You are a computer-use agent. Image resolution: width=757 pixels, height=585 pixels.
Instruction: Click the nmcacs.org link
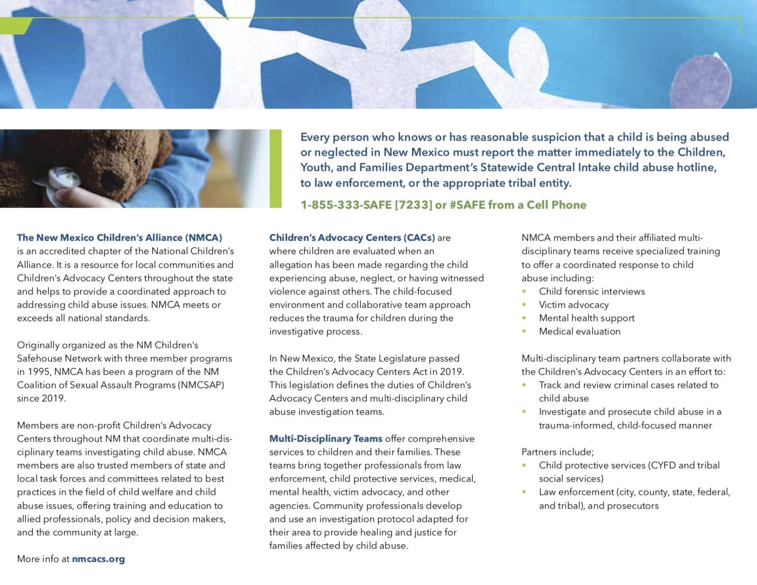[98, 559]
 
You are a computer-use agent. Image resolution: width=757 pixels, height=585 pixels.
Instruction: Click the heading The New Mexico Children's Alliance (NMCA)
[119, 238]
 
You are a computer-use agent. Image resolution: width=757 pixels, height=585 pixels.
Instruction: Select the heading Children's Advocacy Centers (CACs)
[352, 238]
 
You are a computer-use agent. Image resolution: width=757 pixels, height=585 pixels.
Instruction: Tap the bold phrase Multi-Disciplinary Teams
[325, 439]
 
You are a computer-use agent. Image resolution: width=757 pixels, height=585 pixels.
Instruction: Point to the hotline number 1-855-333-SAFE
[346, 205]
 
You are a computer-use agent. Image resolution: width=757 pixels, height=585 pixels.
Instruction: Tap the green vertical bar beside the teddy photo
[275, 168]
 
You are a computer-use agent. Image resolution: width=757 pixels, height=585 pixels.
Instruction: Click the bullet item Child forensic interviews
[591, 291]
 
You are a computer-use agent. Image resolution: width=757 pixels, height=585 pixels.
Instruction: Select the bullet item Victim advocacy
[574, 305]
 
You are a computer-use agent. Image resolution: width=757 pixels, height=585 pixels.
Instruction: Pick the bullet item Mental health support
[586, 318]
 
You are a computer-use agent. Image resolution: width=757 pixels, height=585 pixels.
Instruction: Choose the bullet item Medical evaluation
[580, 331]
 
